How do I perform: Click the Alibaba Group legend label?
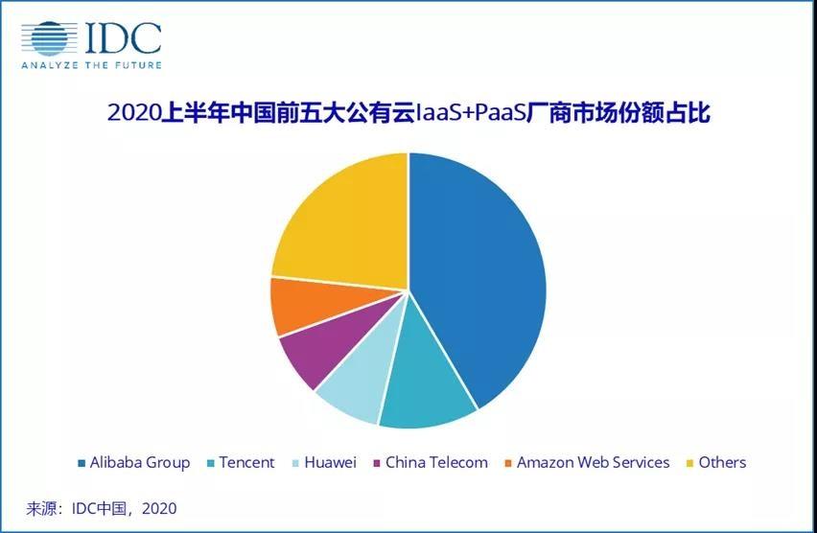(140, 463)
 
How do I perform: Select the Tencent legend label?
(246, 462)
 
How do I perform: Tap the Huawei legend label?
(330, 462)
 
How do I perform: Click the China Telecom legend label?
(436, 462)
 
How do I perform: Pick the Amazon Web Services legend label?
(593, 462)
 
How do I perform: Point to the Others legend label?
(722, 462)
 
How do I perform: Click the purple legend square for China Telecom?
(377, 463)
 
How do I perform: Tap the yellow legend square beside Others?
(690, 463)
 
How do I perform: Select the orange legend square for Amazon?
(508, 463)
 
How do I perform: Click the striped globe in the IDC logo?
(50, 38)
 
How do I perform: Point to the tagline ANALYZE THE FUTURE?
(92, 65)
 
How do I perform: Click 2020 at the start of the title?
(133, 113)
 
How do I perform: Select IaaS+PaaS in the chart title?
(470, 113)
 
